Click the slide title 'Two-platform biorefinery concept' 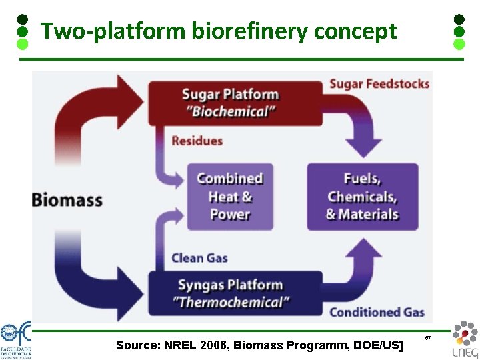pyautogui.click(x=219, y=31)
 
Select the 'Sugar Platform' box pyautogui.click(x=231, y=102)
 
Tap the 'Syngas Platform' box pyautogui.click(x=231, y=293)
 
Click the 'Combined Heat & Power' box pyautogui.click(x=230, y=197)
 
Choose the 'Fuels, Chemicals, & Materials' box pyautogui.click(x=362, y=197)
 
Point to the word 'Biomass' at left pyautogui.click(x=67, y=199)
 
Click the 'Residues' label pyautogui.click(x=197, y=141)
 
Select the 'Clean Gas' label pyautogui.click(x=200, y=258)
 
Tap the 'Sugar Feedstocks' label pyautogui.click(x=379, y=84)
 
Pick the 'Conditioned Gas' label pyautogui.click(x=377, y=312)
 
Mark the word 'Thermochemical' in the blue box pyautogui.click(x=231, y=303)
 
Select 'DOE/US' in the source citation pyautogui.click(x=381, y=345)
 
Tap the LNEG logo pyautogui.click(x=464, y=339)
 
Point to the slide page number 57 pyautogui.click(x=428, y=339)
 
